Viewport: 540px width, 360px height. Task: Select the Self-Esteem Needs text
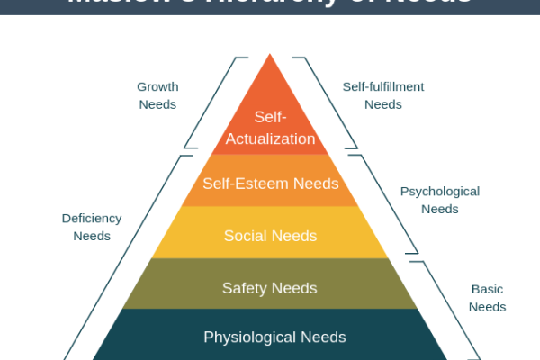pos(270,184)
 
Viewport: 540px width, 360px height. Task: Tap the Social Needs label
pos(270,236)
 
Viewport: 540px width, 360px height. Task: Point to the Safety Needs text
pos(270,288)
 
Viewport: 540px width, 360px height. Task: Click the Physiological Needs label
pos(274,337)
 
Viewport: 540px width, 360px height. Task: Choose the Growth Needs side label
pos(157,95)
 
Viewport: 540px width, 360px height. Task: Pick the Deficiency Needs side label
pos(92,227)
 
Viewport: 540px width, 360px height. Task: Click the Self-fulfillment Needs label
pos(382,95)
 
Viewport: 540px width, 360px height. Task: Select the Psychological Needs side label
pos(439,200)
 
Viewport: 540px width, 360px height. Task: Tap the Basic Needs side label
pos(487,298)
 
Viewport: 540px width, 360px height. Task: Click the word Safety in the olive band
pos(243,288)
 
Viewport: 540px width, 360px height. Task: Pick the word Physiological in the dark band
pos(247,337)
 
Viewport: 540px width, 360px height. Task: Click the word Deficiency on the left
pos(92,219)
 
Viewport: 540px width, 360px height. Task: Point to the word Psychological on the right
pos(439,192)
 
